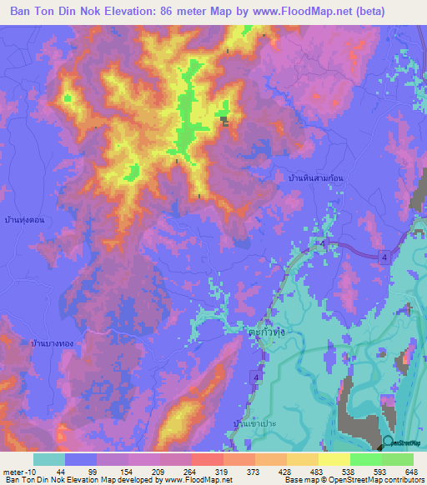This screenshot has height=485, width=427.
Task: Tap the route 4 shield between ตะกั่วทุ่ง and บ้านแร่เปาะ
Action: (x=256, y=378)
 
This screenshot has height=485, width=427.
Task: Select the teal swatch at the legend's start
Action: (x=49, y=459)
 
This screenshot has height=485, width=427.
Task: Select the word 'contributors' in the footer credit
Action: (x=404, y=480)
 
